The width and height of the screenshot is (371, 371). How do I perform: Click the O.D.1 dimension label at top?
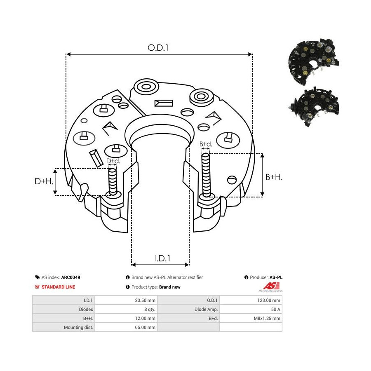[x=159, y=48]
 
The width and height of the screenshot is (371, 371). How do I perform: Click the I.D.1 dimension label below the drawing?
[x=163, y=258]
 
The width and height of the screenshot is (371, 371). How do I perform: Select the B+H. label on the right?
[x=274, y=177]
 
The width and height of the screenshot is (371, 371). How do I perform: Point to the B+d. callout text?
[x=206, y=144]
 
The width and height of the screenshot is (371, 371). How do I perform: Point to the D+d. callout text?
[x=113, y=161]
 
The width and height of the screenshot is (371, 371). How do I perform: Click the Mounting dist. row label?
[x=79, y=327]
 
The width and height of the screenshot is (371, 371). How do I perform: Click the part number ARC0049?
[x=70, y=278]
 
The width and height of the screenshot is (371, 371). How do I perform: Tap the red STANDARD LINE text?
[x=58, y=287]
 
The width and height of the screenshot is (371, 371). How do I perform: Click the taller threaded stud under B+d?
[x=206, y=173]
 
